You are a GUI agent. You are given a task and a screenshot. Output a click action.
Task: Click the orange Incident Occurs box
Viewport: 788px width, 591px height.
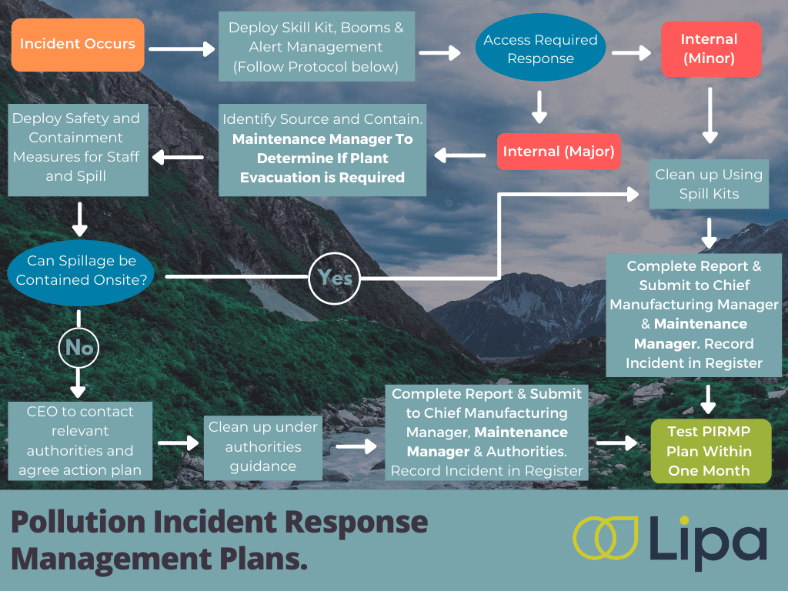tap(78, 45)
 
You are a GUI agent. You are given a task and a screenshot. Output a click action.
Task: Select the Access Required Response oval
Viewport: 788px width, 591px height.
tap(540, 49)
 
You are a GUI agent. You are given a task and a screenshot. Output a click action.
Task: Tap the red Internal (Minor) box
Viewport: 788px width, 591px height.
tap(709, 48)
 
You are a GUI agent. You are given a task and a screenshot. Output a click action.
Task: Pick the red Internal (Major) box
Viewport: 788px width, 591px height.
tap(559, 152)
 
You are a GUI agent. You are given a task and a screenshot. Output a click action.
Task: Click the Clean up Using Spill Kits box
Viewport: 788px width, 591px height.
tap(709, 185)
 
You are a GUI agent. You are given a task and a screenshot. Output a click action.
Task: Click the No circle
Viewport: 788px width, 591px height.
tap(79, 348)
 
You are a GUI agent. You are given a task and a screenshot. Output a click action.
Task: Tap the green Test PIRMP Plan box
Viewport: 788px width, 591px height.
tap(709, 451)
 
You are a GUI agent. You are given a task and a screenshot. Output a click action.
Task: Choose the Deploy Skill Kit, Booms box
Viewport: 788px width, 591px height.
tap(316, 48)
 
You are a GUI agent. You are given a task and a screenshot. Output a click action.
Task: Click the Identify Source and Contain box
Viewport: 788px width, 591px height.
tap(322, 149)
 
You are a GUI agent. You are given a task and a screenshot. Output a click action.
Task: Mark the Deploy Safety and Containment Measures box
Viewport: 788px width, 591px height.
tap(76, 147)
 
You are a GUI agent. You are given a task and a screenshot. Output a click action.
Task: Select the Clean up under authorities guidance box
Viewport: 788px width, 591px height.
tap(262, 446)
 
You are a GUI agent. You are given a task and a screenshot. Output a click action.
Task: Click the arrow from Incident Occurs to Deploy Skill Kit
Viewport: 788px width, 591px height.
tap(182, 49)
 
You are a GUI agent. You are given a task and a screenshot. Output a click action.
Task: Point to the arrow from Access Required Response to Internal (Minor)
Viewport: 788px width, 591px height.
tap(630, 53)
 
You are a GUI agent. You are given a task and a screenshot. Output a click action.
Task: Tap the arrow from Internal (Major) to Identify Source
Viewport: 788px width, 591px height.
tap(460, 155)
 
